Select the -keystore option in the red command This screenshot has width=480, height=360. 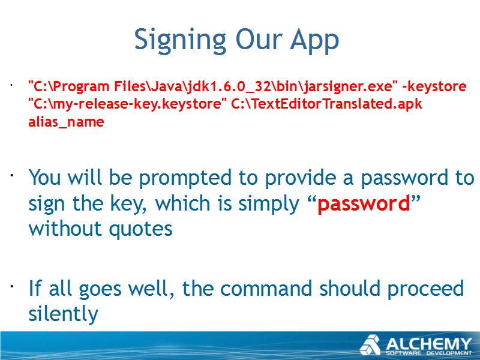[x=434, y=86]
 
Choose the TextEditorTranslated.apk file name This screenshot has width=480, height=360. [x=326, y=104]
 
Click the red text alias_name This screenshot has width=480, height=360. [x=66, y=122]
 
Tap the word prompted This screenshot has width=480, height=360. [x=185, y=178]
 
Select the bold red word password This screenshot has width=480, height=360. [x=364, y=204]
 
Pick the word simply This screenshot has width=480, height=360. [x=268, y=204]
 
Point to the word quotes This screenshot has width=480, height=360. [x=140, y=230]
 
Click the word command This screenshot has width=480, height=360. [x=266, y=289]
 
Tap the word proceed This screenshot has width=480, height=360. [x=425, y=289]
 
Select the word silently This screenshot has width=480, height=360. [x=63, y=314]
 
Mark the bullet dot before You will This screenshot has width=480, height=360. [x=11, y=175]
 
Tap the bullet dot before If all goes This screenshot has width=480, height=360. [x=11, y=287]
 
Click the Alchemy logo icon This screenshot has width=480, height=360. [x=370, y=346]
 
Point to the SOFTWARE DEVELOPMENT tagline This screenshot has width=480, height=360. [x=428, y=353]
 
